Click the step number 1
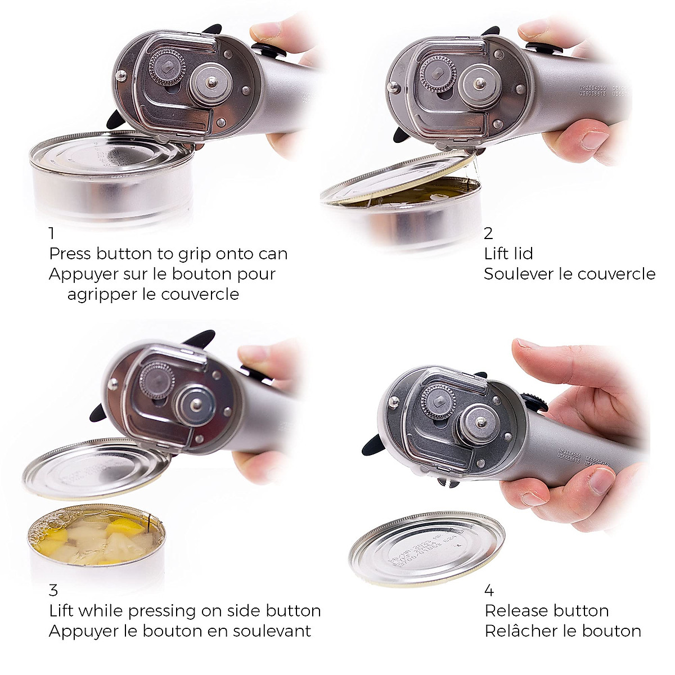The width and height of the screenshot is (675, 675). pyautogui.click(x=52, y=232)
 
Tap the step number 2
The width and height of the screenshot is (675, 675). pyautogui.click(x=488, y=232)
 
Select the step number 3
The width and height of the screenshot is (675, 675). pyautogui.click(x=53, y=590)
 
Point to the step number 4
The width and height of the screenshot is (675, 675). pyautogui.click(x=489, y=590)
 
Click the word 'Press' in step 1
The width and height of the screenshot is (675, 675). pyautogui.click(x=70, y=254)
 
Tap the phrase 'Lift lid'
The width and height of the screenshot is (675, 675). pyautogui.click(x=508, y=254)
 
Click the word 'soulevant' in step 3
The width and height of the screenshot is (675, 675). pyautogui.click(x=270, y=631)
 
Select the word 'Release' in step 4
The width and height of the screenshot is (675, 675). pyautogui.click(x=518, y=611)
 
